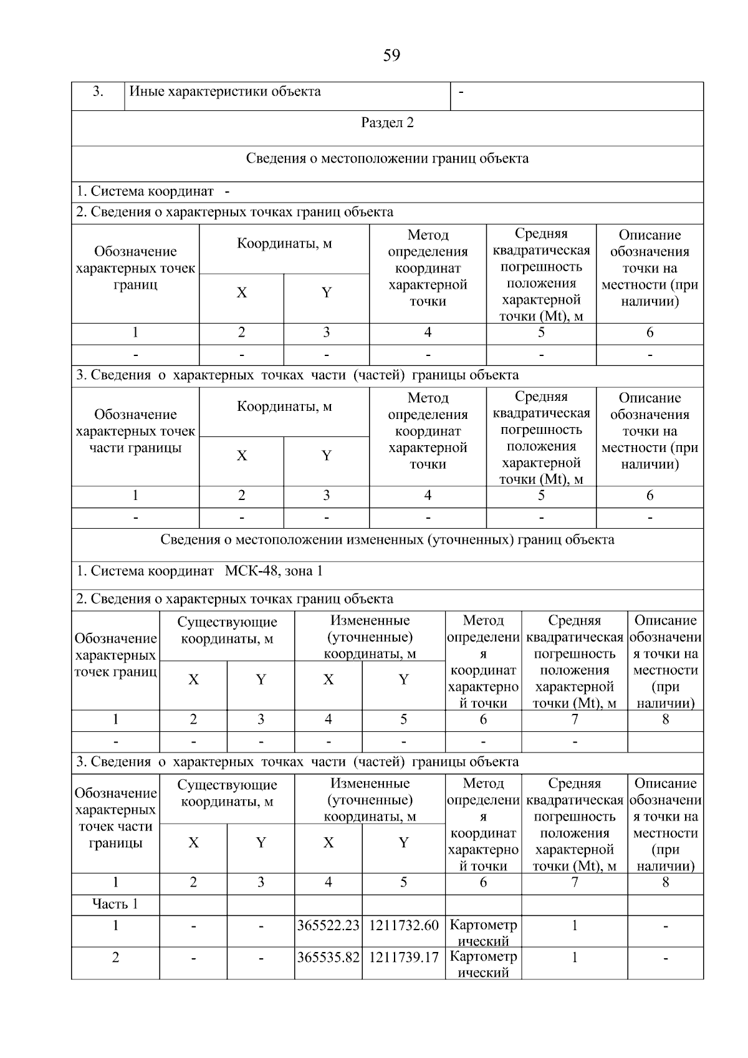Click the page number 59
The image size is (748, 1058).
(391, 55)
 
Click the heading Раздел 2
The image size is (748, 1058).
(387, 123)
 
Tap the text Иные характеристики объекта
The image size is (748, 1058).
(225, 92)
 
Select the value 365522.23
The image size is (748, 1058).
(328, 926)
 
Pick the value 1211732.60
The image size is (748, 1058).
(404, 926)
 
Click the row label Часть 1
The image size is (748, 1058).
(115, 904)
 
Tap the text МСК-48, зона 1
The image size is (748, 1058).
(274, 571)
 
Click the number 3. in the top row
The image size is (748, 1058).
(98, 92)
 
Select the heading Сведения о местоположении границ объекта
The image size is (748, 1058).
(387, 158)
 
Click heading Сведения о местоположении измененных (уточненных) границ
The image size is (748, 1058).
(387, 540)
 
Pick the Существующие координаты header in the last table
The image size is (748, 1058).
(227, 792)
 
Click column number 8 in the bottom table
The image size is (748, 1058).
(665, 882)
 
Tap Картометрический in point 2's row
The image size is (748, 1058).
(483, 964)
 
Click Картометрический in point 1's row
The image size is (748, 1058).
(483, 932)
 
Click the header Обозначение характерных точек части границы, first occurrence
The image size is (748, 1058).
(135, 431)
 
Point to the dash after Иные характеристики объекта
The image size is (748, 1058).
(461, 92)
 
